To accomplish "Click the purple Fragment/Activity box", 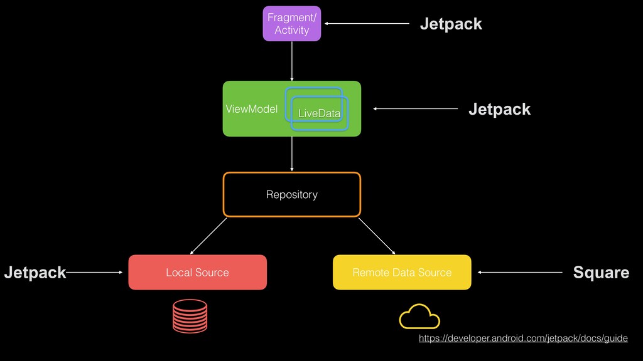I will pos(291,24).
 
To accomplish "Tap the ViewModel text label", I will pos(251,109).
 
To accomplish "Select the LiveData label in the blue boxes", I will pos(319,113).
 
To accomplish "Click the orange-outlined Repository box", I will pos(292,194).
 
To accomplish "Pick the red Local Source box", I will pos(197,272).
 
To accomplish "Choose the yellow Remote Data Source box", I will pos(402,272).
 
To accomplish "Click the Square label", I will pos(601,272).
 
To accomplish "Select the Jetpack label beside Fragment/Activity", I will pos(451,24).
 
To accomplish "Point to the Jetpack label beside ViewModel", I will pos(499,109).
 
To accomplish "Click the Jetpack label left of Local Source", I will pos(35,272).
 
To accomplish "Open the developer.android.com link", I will pos(523,338).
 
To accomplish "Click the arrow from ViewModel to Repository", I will pos(292,154).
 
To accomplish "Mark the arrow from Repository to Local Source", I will pos(208,234).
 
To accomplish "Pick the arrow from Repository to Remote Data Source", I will pos(377,236).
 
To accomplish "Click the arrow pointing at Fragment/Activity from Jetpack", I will pos(367,24).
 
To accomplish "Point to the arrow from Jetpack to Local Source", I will pos(94,272).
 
